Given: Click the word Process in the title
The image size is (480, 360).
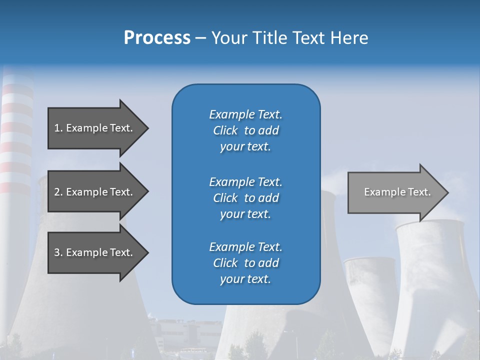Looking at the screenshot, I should pos(157,38).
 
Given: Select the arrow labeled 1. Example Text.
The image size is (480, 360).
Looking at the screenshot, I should pos(95,128).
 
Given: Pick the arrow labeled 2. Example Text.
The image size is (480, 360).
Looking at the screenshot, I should pos(95,192).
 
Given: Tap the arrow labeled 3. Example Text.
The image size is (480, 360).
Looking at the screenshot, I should pos(95,252).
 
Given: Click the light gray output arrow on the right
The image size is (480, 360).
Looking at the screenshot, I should pos(395,192).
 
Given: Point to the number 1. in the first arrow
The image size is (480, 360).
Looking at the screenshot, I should pos(58,128).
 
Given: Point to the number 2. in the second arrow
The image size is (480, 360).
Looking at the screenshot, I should pos(58,192).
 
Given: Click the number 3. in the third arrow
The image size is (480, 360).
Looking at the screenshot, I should pos(58,252).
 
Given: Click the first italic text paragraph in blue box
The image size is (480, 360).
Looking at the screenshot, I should pos(245,130).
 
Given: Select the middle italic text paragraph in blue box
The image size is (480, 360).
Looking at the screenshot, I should pos(245,198).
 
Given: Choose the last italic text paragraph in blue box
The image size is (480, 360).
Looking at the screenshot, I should pos(245,263).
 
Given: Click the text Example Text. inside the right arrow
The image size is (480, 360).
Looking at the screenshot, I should pos(397,192).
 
